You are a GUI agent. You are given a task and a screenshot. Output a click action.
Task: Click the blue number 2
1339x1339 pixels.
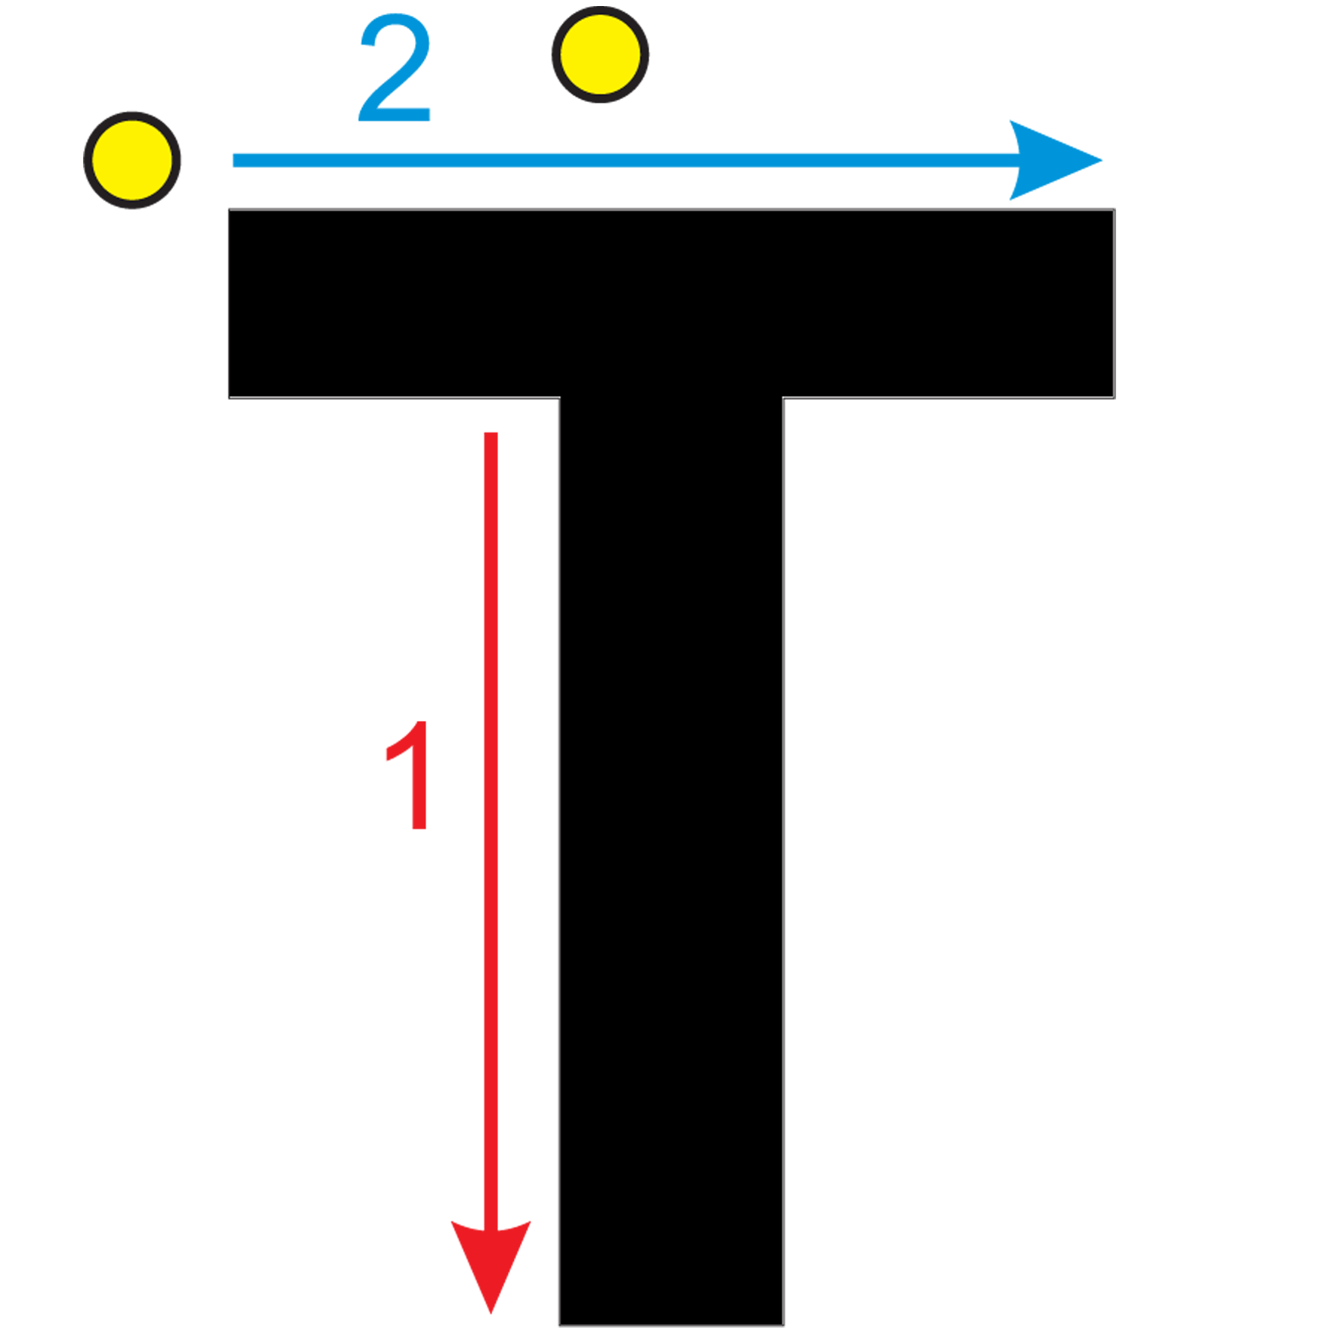[394, 68]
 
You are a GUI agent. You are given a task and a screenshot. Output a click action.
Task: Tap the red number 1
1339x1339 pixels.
[409, 775]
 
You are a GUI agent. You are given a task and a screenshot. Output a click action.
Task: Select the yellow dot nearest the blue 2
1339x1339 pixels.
[600, 54]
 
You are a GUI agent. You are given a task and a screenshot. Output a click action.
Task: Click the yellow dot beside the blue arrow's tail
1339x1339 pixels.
[132, 160]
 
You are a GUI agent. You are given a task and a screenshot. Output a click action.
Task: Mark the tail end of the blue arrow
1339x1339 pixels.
[233, 160]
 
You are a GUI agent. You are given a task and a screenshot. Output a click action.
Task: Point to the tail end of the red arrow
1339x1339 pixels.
[491, 433]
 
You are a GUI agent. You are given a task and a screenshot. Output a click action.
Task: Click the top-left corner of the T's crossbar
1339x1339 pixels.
[229, 209]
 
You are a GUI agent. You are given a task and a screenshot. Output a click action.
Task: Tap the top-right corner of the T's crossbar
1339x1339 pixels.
[1115, 209]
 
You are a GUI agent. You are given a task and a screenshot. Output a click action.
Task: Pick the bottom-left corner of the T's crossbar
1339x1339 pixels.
[229, 397]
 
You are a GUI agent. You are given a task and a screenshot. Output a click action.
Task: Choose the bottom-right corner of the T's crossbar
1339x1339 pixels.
[1115, 397]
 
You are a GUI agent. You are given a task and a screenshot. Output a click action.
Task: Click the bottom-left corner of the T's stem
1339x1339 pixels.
[560, 1325]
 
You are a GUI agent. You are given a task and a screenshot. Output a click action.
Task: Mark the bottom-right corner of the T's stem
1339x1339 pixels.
[784, 1325]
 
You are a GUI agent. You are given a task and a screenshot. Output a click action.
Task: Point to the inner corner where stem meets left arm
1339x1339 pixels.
[560, 397]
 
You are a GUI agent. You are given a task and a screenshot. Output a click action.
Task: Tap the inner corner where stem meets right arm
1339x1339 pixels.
[784, 397]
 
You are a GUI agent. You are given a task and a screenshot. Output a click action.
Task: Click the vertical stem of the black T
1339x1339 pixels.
[672, 861]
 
